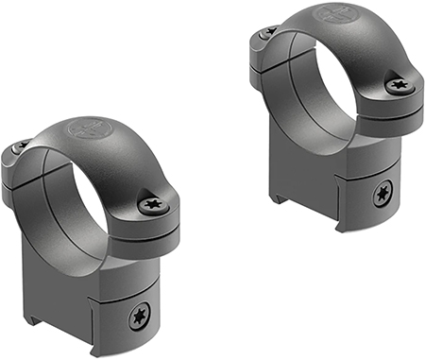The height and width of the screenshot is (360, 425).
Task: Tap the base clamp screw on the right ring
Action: (382, 196)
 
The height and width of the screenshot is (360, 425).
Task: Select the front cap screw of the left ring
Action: (151, 203)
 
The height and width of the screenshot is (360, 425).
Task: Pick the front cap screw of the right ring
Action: (398, 86)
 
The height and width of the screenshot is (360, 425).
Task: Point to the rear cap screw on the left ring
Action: (20, 147)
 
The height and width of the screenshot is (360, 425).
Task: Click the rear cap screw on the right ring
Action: (268, 32)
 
